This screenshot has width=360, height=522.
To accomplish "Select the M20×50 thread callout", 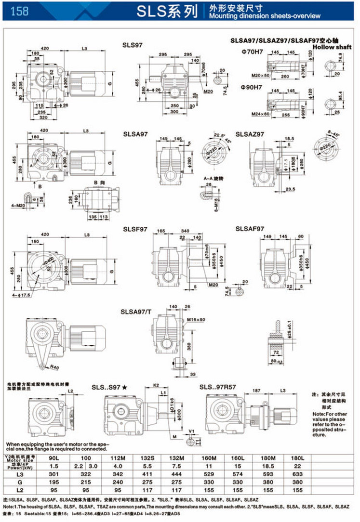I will coord(261,76).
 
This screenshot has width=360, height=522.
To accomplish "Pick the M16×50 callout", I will coord(196,320).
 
